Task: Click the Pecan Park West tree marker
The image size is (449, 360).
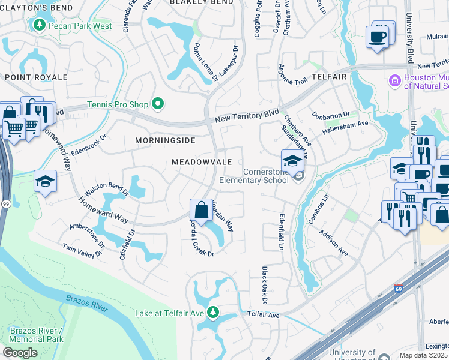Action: click(39, 25)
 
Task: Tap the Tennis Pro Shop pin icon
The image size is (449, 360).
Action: click(158, 104)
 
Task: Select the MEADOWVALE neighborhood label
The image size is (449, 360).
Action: click(202, 162)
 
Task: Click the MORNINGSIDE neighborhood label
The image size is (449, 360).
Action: click(166, 140)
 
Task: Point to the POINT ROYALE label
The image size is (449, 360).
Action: click(36, 77)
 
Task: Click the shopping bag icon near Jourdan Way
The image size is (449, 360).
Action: click(200, 210)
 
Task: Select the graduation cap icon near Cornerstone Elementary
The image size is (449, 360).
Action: click(292, 161)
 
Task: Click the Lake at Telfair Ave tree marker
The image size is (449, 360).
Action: click(212, 312)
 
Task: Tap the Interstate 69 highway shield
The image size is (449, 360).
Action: click(399, 289)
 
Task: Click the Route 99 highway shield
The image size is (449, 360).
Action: click(5, 205)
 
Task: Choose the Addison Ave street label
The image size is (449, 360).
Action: click(333, 243)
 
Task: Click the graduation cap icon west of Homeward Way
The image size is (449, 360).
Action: click(45, 181)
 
